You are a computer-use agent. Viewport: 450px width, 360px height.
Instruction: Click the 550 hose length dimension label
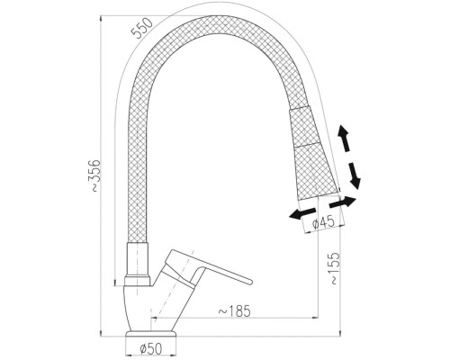pyautogui.click(x=142, y=28)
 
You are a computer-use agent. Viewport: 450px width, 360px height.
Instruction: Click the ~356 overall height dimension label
pyautogui.click(x=95, y=175)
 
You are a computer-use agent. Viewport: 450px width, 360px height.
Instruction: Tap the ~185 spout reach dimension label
pyautogui.click(x=234, y=311)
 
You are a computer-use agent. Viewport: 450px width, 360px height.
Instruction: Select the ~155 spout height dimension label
pyautogui.click(x=335, y=268)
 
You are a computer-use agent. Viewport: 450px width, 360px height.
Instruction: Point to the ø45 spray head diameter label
pyautogui.click(x=323, y=222)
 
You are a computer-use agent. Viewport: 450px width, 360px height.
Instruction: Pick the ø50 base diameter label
pyautogui.click(x=151, y=348)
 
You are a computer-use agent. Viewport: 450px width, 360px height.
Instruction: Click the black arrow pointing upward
pyautogui.click(x=343, y=140)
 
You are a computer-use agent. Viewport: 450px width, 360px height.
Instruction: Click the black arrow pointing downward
pyautogui.click(x=354, y=175)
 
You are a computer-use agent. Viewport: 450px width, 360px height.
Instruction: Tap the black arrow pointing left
pyautogui.click(x=302, y=213)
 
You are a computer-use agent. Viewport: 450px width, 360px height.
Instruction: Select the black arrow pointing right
pyautogui.click(x=343, y=202)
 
